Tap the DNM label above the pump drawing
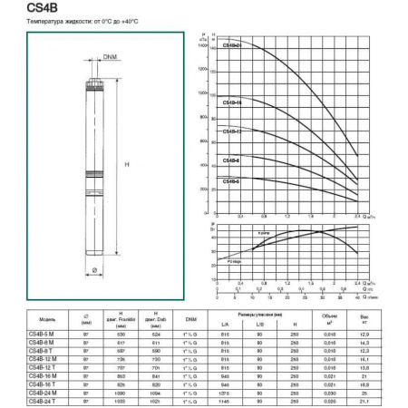coord(110,58)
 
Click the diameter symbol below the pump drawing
coord(93,270)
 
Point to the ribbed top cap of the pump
coord(92,89)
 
